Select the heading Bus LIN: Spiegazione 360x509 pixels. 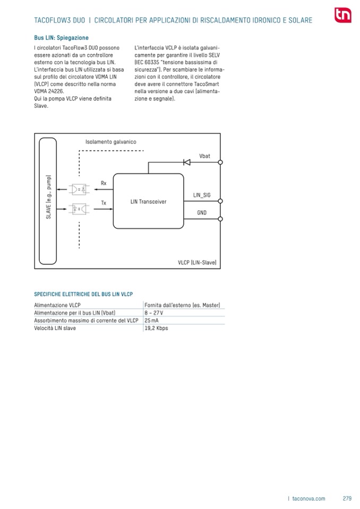point(61,38)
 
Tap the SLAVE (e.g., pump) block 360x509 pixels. point(47,201)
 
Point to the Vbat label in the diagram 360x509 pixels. point(204,156)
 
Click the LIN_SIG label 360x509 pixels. point(202,195)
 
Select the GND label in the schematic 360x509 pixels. point(202,212)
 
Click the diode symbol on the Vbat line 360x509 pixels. point(186,162)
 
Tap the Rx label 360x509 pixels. point(104,183)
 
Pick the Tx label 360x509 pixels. point(104,203)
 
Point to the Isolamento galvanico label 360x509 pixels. point(111,142)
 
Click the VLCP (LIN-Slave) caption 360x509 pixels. point(196,262)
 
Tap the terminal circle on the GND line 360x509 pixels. point(220,218)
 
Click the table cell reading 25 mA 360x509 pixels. point(151,321)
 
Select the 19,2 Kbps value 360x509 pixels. point(156,328)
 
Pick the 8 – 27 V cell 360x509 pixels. point(154,313)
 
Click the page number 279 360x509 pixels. point(347,498)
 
